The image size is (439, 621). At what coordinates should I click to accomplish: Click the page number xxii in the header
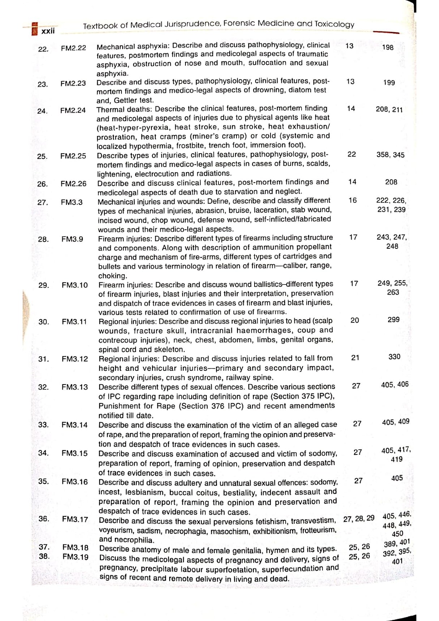point(48,31)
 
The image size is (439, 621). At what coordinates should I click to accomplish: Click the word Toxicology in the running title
point(334,24)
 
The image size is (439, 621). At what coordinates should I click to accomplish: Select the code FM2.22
point(73,48)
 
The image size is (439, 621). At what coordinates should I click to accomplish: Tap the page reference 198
point(388,47)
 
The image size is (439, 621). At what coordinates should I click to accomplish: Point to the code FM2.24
point(73,110)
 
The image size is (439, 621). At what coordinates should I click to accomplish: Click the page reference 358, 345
point(390,155)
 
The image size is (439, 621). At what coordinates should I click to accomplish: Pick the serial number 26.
point(42,184)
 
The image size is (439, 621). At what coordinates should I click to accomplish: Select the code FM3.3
point(72,202)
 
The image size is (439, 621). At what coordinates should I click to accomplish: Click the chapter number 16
point(353,200)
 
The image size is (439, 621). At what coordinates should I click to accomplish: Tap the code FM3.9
point(72,239)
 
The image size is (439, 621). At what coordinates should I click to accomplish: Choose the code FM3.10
point(74,285)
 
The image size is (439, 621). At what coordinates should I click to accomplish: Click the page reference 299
point(393,320)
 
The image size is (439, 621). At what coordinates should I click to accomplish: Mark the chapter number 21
point(355,357)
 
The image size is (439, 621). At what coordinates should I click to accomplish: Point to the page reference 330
point(394,357)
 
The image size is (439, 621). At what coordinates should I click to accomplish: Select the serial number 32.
point(43,387)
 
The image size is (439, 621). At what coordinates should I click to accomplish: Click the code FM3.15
point(74,453)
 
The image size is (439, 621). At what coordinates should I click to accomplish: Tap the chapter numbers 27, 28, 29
point(359,519)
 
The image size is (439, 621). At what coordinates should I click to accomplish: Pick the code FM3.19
point(75,557)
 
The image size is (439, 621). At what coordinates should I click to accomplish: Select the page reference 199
point(389,83)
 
